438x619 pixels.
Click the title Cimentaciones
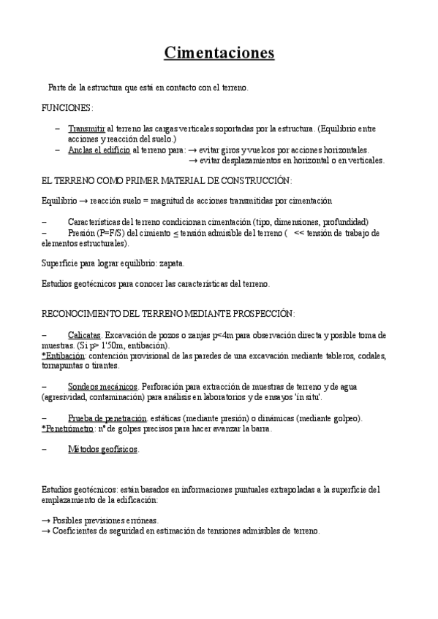(x=219, y=53)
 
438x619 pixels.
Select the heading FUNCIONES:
(x=67, y=107)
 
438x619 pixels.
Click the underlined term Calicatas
(x=84, y=334)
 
